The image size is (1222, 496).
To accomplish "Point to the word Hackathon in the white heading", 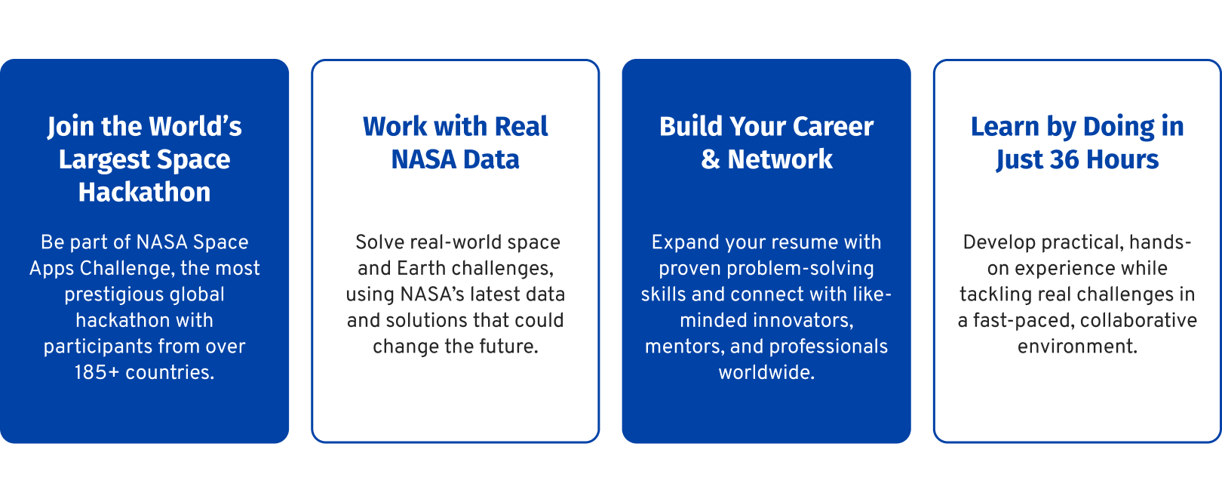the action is pyautogui.click(x=144, y=193).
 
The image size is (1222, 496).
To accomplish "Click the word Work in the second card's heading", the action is pyautogui.click(x=395, y=127).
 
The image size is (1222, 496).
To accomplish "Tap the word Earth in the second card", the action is pyautogui.click(x=421, y=268).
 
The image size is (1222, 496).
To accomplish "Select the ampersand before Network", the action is pyautogui.click(x=711, y=159).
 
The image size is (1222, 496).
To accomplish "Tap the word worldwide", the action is pyautogui.click(x=766, y=372).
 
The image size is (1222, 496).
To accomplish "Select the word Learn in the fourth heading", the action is pyautogui.click(x=1005, y=127).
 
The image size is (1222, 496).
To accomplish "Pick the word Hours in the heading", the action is pyautogui.click(x=1122, y=159).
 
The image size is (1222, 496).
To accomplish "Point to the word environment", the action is pyautogui.click(x=1077, y=347).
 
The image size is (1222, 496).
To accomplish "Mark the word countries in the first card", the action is pyautogui.click(x=170, y=372).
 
